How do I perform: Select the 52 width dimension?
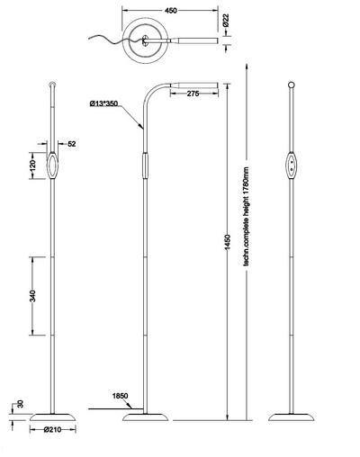point(72,144)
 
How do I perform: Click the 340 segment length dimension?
point(31,299)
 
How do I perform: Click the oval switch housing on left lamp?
point(52,166)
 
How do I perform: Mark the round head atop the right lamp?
point(291,85)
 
